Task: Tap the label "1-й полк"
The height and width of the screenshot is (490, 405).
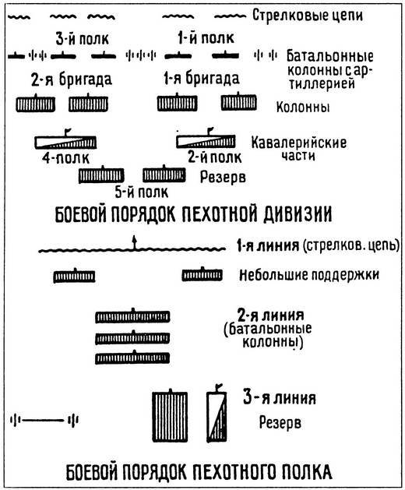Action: pyautogui.click(x=195, y=37)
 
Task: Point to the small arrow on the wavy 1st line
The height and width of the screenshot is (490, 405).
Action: pyautogui.click(x=134, y=241)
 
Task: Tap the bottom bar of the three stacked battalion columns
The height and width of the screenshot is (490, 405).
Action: pyautogui.click(x=132, y=358)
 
